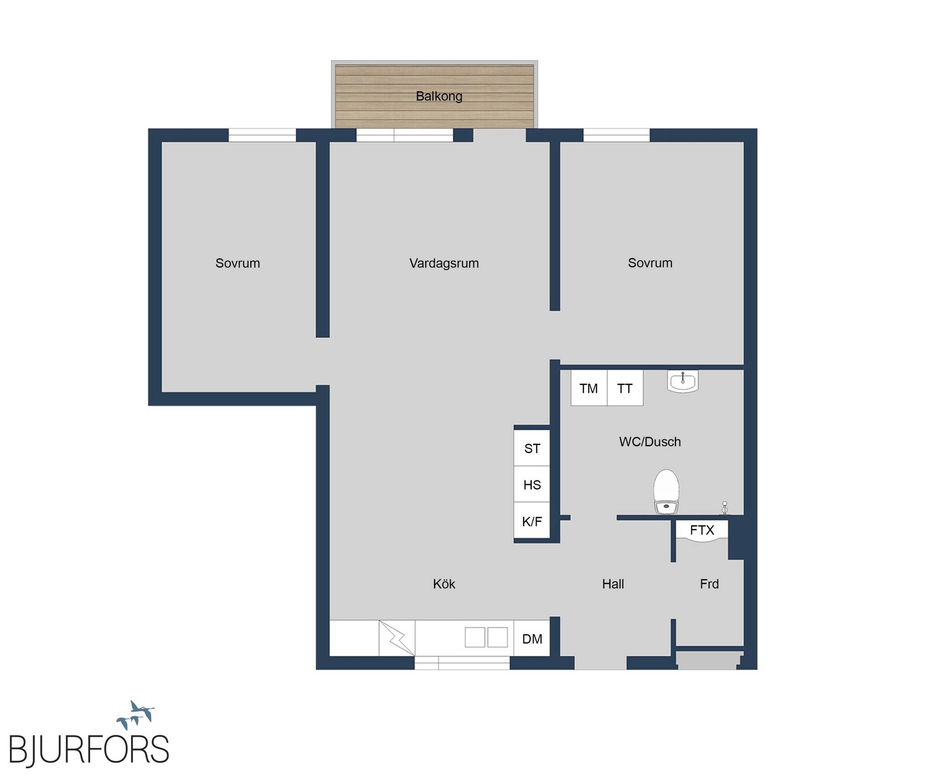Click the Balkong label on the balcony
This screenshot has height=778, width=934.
click(x=439, y=96)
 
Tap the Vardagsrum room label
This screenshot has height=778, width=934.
click(x=444, y=263)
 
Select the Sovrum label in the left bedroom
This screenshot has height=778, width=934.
click(x=238, y=263)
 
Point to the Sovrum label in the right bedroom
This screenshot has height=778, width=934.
click(x=650, y=263)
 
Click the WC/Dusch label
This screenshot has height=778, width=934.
click(x=650, y=442)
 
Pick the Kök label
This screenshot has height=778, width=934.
click(x=444, y=584)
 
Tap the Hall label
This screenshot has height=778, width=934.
click(x=613, y=584)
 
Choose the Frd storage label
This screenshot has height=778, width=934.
click(x=709, y=584)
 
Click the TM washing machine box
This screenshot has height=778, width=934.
click(x=589, y=388)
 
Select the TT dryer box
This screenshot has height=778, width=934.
click(x=625, y=388)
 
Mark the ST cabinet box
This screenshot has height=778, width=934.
click(x=532, y=448)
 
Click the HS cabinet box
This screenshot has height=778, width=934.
click(x=532, y=484)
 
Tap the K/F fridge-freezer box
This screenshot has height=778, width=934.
click(x=532, y=521)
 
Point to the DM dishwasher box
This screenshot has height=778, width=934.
click(x=532, y=639)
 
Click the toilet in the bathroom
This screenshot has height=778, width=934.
click(x=666, y=492)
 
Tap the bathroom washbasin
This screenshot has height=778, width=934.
click(x=683, y=381)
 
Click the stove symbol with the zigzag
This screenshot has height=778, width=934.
click(x=397, y=638)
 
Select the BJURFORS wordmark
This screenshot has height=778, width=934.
click(x=89, y=749)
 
